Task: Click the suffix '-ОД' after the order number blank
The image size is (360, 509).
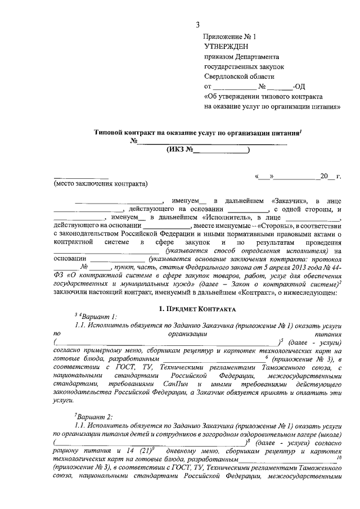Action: click(300, 87)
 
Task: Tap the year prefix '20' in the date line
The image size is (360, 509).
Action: click(323, 176)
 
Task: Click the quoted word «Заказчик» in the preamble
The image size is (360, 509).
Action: click(290, 200)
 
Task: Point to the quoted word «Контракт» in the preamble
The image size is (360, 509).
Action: click(259, 292)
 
